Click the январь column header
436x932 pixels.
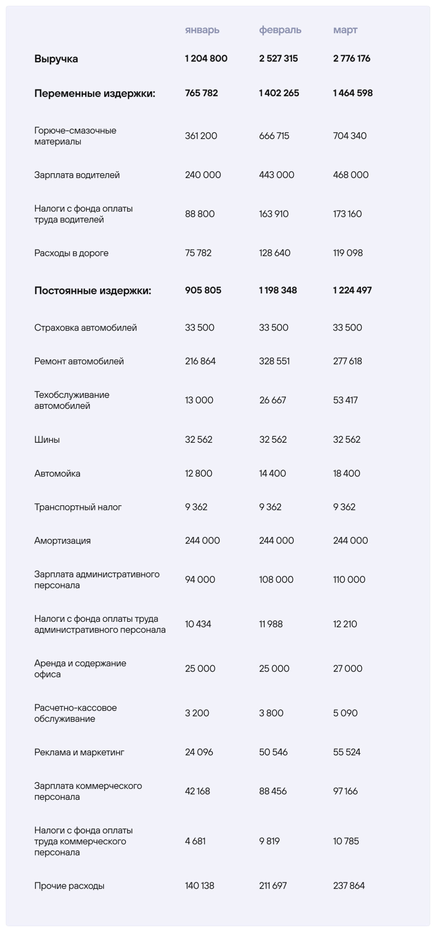[x=202, y=30]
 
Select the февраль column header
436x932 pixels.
[x=280, y=30]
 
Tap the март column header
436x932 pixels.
[x=345, y=30]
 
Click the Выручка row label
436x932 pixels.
[x=56, y=59]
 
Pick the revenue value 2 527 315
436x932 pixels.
[x=278, y=59]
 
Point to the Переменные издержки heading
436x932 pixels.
[x=95, y=94]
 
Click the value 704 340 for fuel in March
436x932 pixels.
[x=350, y=136]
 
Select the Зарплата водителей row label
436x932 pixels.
[x=77, y=175]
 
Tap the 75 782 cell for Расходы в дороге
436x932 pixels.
[x=198, y=253]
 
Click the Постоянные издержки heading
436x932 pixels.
[x=93, y=291]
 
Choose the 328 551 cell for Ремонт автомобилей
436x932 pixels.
[x=274, y=361]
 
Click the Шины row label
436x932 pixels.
[x=47, y=440]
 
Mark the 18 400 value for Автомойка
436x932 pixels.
[x=346, y=473]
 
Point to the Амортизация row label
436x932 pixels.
[x=62, y=541]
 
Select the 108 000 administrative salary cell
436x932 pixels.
[x=276, y=580]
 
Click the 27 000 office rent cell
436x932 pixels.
[x=347, y=668]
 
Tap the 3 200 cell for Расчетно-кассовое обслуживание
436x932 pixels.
[x=197, y=713]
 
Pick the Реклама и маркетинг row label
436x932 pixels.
[x=79, y=752]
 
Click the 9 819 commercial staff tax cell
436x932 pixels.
[x=269, y=841]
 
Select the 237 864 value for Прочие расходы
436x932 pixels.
[x=349, y=885]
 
